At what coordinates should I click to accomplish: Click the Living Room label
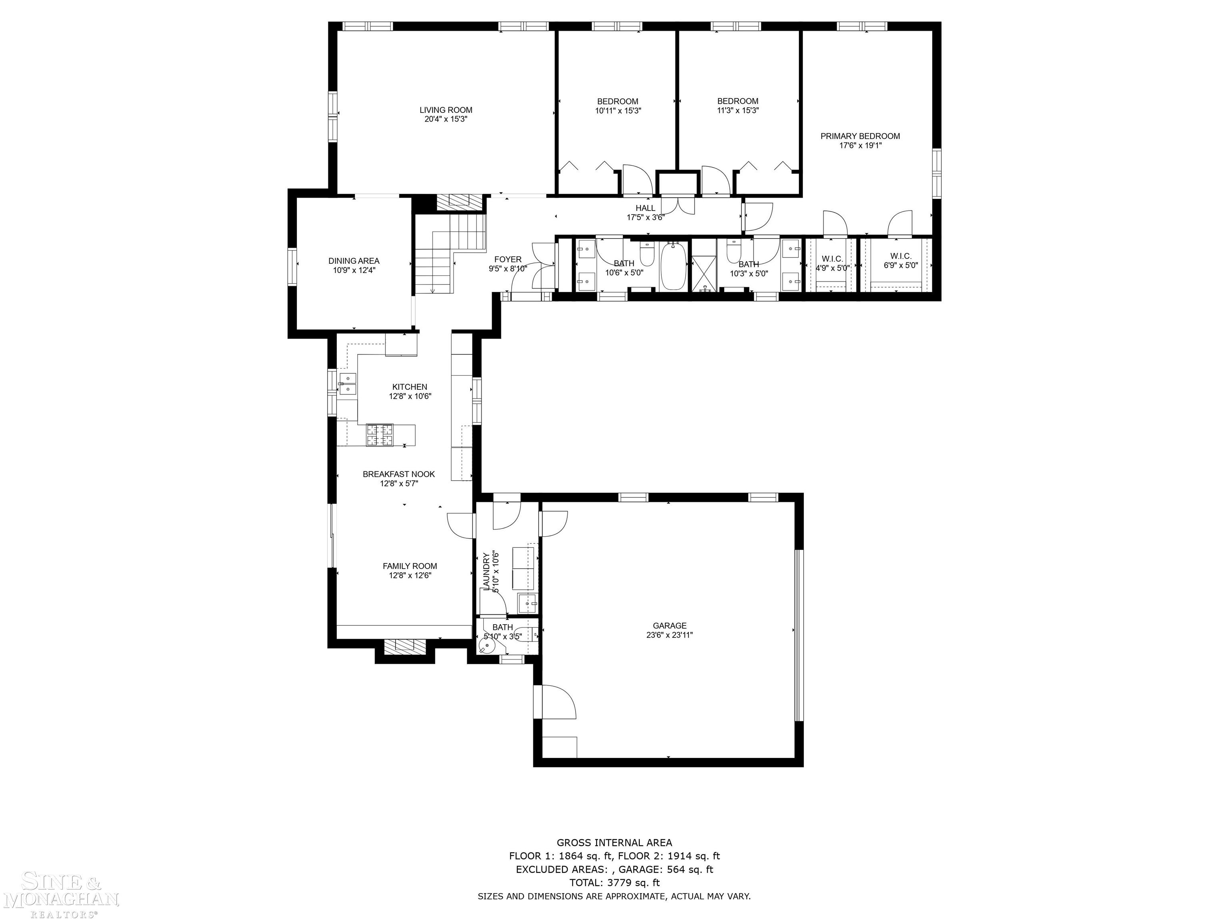(x=446, y=110)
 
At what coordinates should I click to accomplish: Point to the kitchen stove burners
(x=380, y=435)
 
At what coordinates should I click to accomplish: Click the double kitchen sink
(x=348, y=383)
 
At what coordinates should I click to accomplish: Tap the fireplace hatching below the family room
(x=405, y=646)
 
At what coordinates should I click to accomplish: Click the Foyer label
(x=508, y=259)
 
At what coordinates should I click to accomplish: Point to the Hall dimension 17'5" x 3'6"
(x=646, y=217)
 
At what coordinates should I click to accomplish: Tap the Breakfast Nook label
(x=398, y=474)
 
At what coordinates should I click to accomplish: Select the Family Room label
(x=410, y=566)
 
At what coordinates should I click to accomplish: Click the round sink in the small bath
(x=487, y=646)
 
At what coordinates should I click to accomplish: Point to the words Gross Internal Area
(x=614, y=842)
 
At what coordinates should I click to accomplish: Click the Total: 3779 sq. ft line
(x=614, y=882)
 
